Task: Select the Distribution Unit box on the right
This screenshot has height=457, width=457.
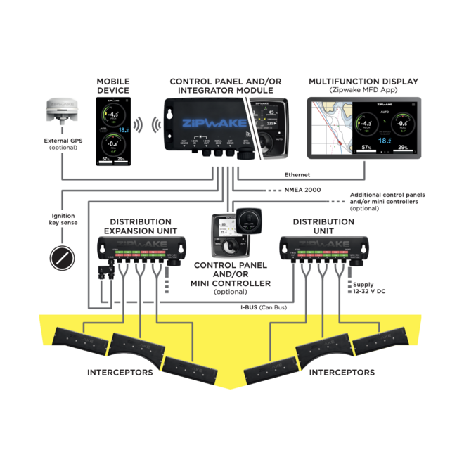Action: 323,245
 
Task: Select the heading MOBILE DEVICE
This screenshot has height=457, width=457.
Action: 112,86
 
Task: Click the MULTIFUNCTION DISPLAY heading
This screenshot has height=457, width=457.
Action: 363,82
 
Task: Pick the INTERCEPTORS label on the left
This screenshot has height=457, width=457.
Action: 120,372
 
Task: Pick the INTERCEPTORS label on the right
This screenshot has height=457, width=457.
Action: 342,372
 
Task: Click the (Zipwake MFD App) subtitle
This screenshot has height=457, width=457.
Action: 363,91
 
